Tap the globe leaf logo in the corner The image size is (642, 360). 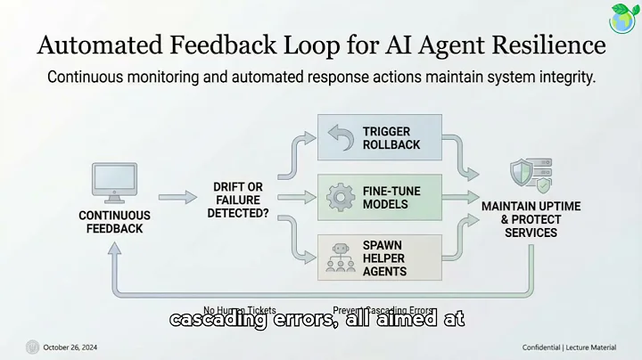click(622, 17)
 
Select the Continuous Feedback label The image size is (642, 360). click(116, 222)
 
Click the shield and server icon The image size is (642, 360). click(531, 176)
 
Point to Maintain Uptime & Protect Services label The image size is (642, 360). click(531, 219)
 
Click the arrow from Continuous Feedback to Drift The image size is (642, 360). click(177, 198)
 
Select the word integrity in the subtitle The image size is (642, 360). click(564, 78)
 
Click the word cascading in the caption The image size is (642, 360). click(230, 319)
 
